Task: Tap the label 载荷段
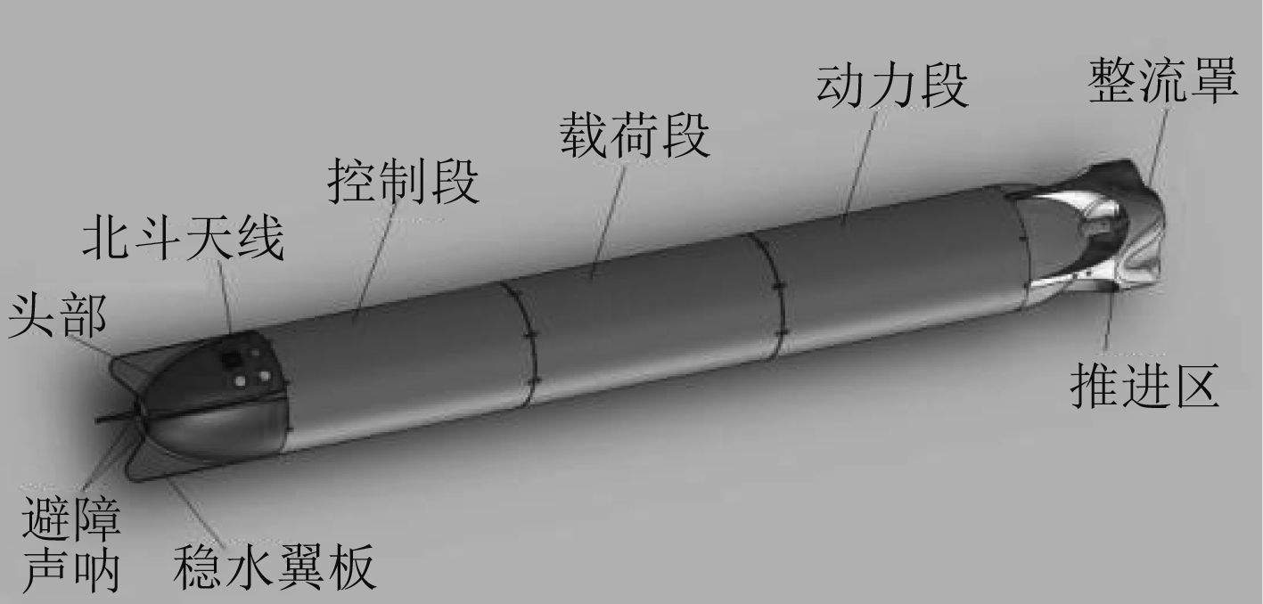click(x=635, y=136)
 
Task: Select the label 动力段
click(x=892, y=86)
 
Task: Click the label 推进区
click(x=1144, y=388)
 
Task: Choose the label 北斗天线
click(x=184, y=241)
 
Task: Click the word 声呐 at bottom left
click(x=70, y=572)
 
